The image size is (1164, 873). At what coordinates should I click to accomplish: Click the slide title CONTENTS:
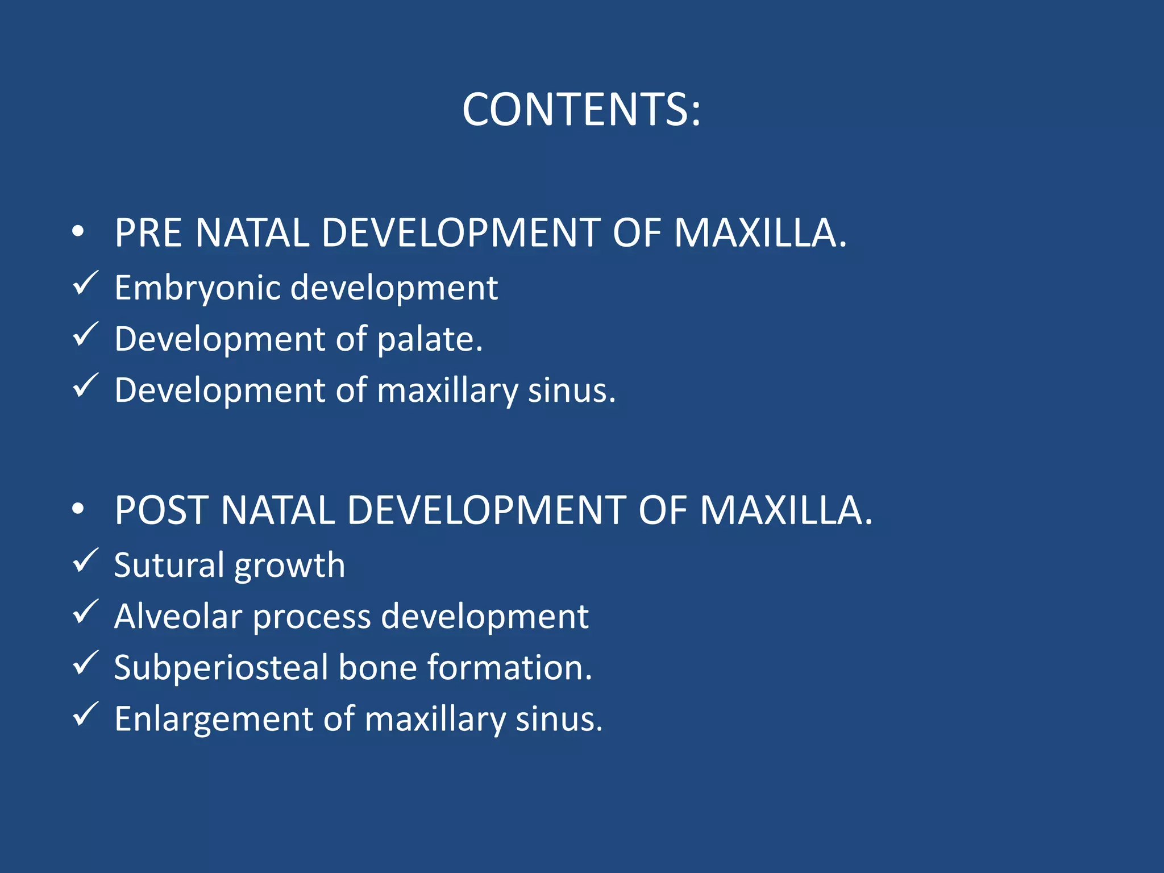click(581, 109)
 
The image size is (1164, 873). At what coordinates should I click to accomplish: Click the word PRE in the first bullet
click(148, 233)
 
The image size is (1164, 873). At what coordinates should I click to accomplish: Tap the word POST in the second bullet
click(161, 510)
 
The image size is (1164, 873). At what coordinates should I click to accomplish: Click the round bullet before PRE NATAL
click(78, 232)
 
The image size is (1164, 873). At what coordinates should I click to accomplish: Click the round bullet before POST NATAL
click(78, 509)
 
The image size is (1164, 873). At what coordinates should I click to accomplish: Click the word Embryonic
click(198, 288)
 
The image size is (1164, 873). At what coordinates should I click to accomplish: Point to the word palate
click(429, 339)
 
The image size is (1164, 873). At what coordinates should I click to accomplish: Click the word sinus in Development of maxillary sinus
click(571, 390)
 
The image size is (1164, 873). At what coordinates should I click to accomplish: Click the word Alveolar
click(177, 616)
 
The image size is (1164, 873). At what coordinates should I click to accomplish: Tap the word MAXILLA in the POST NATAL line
click(785, 510)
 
